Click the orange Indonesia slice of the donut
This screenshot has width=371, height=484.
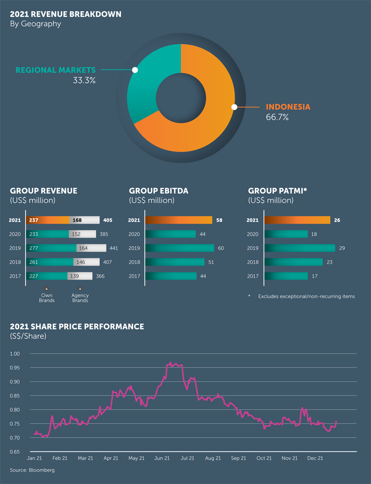(204, 127)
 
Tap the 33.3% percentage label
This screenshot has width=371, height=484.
(84, 80)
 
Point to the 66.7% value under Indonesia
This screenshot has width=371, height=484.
(277, 117)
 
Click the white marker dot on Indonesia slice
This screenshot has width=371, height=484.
(234, 107)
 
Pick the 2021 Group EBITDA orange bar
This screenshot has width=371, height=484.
(178, 220)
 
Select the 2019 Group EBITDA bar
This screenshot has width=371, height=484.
(179, 248)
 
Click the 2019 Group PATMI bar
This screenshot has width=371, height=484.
(300, 248)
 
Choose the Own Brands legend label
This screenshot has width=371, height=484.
(46, 298)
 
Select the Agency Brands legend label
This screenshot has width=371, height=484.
(80, 298)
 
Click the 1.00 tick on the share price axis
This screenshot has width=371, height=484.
(15, 354)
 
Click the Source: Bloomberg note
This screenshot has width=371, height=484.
(32, 470)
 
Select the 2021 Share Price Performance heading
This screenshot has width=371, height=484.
(77, 327)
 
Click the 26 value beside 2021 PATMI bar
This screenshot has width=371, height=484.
(337, 220)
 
